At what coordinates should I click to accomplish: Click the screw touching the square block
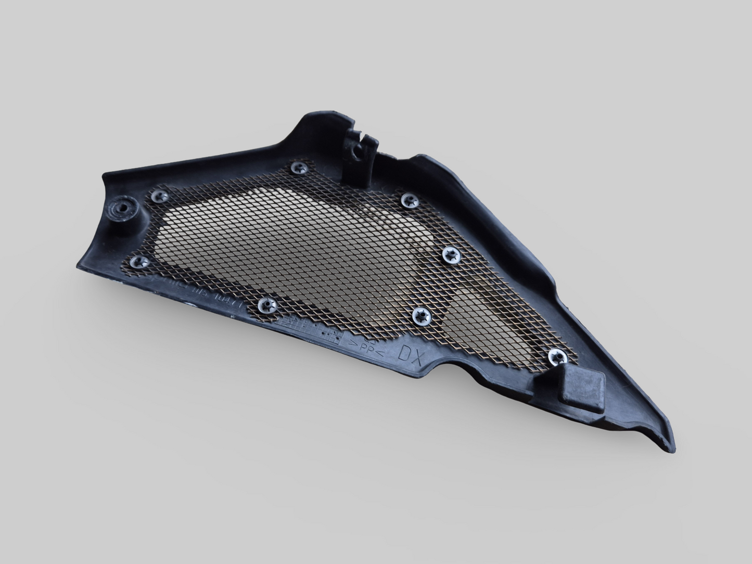[x=558, y=357]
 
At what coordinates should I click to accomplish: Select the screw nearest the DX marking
[x=421, y=315]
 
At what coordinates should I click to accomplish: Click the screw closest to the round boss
[x=160, y=196]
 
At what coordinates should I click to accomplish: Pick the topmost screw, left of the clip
[x=299, y=168]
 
